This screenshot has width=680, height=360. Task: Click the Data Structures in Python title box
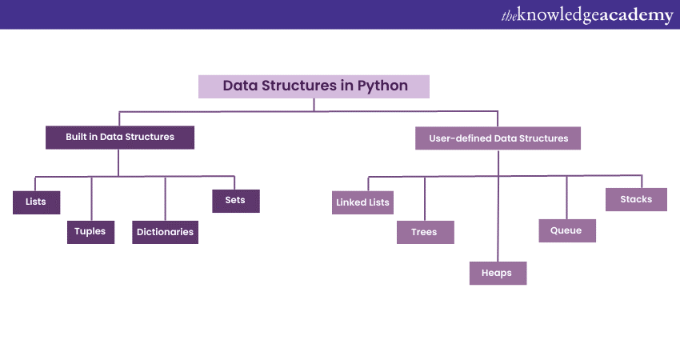point(314,86)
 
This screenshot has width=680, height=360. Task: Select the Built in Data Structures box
point(120,137)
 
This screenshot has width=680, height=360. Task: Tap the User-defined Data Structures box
point(498,138)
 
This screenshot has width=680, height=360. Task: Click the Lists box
point(36,202)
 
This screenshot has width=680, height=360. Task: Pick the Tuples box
point(90,232)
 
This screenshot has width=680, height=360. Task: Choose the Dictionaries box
point(165,232)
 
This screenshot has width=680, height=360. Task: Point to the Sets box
point(235,201)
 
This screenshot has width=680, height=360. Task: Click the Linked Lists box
point(362,202)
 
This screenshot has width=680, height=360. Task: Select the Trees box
point(424,232)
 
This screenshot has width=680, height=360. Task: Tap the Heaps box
point(497,273)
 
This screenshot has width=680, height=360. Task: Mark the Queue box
point(566,230)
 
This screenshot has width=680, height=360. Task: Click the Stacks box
point(636,199)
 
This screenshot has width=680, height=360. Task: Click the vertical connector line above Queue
point(566,197)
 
